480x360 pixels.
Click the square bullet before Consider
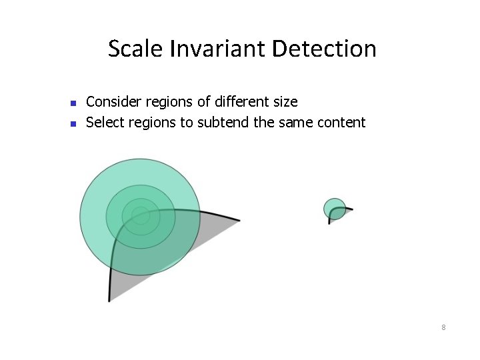tap(74, 103)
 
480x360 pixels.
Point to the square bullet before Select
tap(74, 123)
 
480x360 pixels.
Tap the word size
tap(285, 102)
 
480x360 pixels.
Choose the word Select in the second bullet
tap(104, 122)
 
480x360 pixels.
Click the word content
tap(342, 122)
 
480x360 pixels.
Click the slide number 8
tap(443, 327)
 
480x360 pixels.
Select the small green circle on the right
tap(334, 208)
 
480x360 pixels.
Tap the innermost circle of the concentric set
tap(141, 215)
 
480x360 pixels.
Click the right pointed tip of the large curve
tap(239, 220)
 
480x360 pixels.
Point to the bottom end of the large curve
tap(109, 300)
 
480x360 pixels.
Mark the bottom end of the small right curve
tap(329, 223)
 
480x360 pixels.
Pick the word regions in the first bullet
tap(159, 102)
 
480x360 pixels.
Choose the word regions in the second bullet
tap(154, 122)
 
